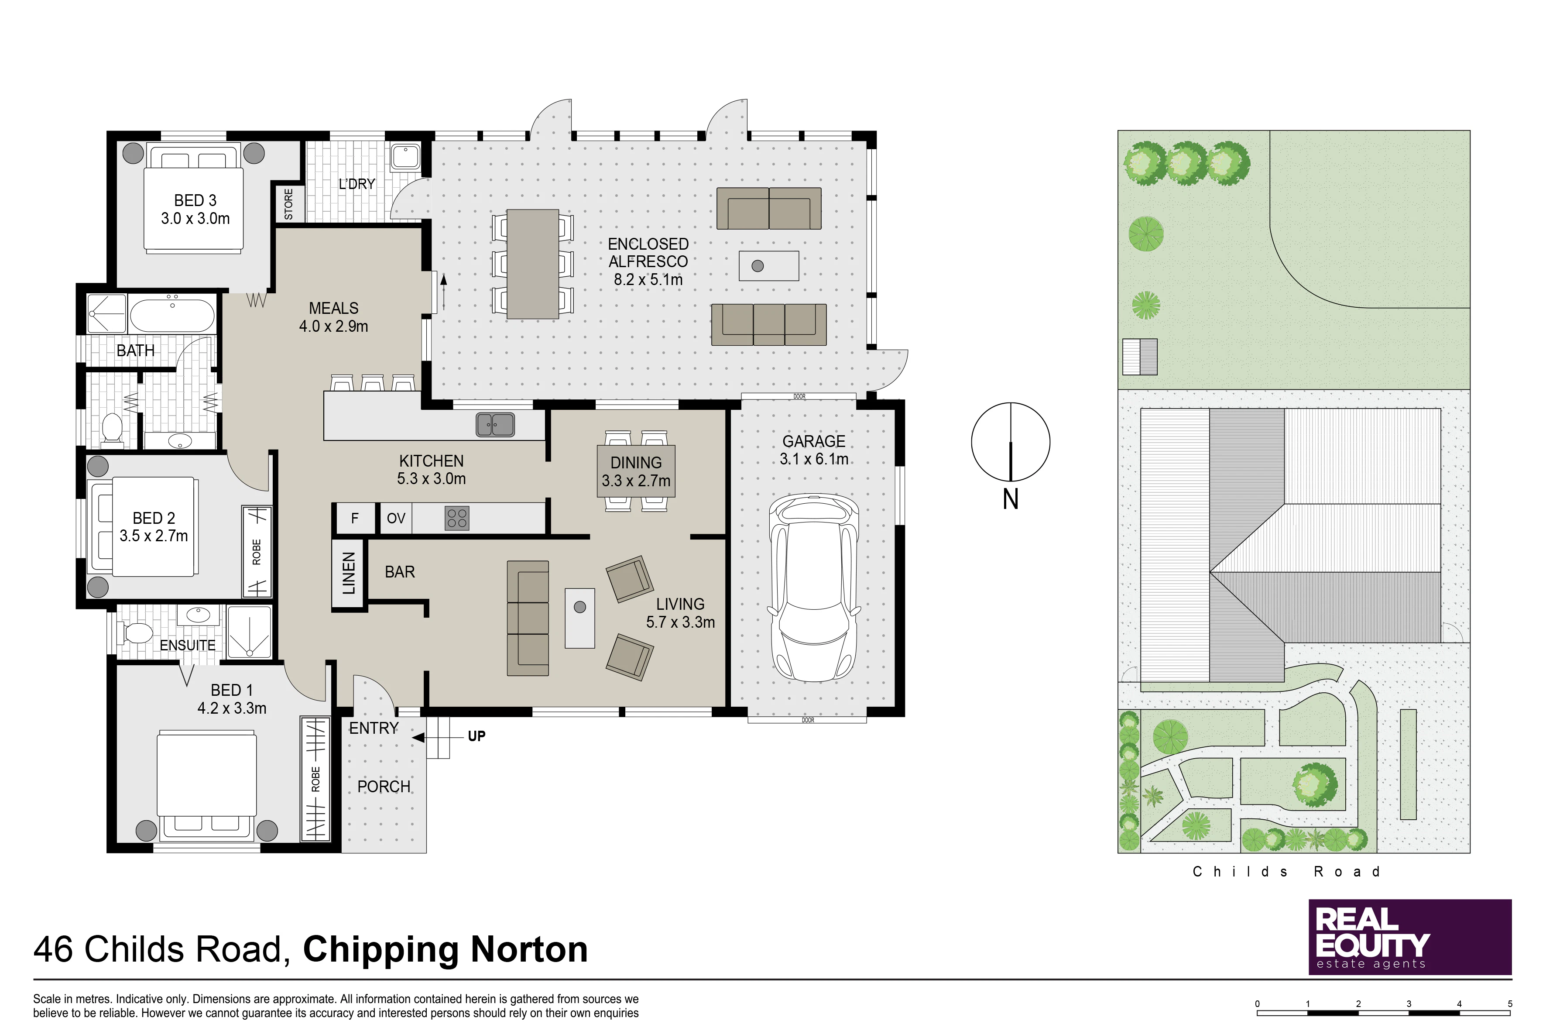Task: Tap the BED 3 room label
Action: coord(195,200)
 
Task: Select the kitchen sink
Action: coord(495,424)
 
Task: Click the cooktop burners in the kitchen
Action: coord(457,518)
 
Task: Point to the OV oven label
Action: coord(396,518)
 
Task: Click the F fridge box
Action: coord(355,518)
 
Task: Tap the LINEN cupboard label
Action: coord(349,574)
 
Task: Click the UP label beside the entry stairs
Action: coord(476,736)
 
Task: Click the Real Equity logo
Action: coord(1410,937)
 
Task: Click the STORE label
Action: coord(288,204)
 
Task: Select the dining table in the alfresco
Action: coord(532,264)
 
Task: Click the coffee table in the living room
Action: coord(580,618)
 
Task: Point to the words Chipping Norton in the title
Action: coord(446,949)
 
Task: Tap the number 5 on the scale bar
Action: coord(1510,1004)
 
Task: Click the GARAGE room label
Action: coord(814,441)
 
